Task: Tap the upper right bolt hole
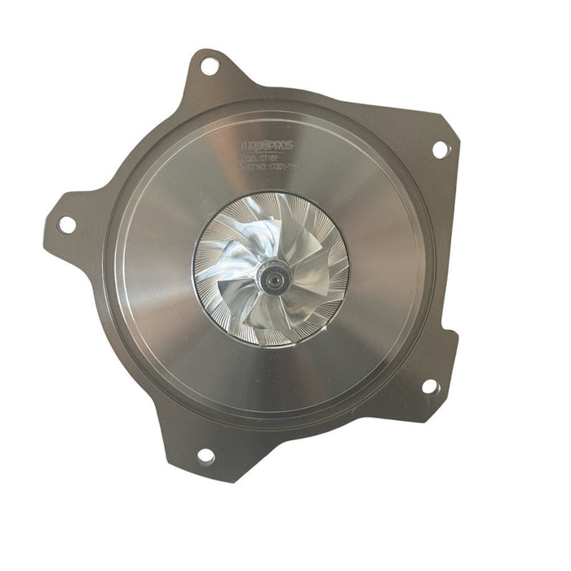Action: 440,149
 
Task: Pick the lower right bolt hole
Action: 429,386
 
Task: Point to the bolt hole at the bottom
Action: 206,455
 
